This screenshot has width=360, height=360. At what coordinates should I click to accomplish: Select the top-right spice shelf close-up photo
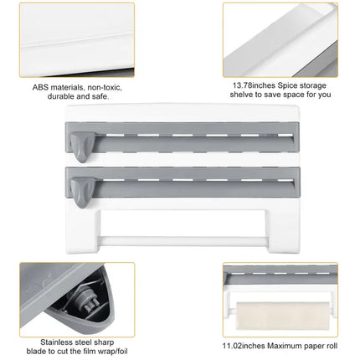(x=281, y=37)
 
